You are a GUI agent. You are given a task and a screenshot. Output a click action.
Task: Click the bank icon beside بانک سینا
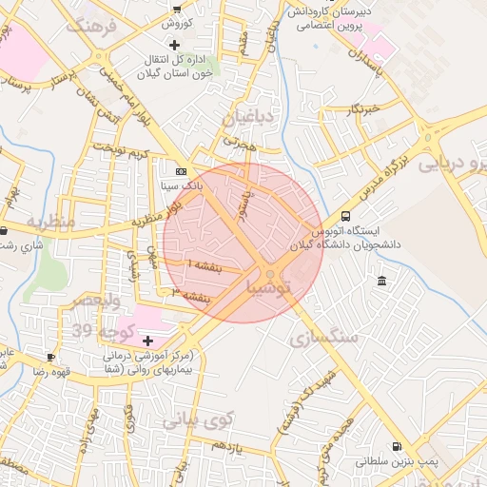pos(181,171)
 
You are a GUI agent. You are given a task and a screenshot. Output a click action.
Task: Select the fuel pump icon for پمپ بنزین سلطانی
pos(395,446)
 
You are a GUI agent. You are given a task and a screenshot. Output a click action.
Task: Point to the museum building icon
pos(381,281)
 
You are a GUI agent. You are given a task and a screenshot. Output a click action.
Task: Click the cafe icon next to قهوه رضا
pos(50,357)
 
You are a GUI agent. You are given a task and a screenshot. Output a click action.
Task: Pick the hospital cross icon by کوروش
pos(174,45)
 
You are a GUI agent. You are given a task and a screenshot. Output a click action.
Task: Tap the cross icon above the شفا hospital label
pos(147,341)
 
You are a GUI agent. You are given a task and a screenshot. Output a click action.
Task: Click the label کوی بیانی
pos(198,419)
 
